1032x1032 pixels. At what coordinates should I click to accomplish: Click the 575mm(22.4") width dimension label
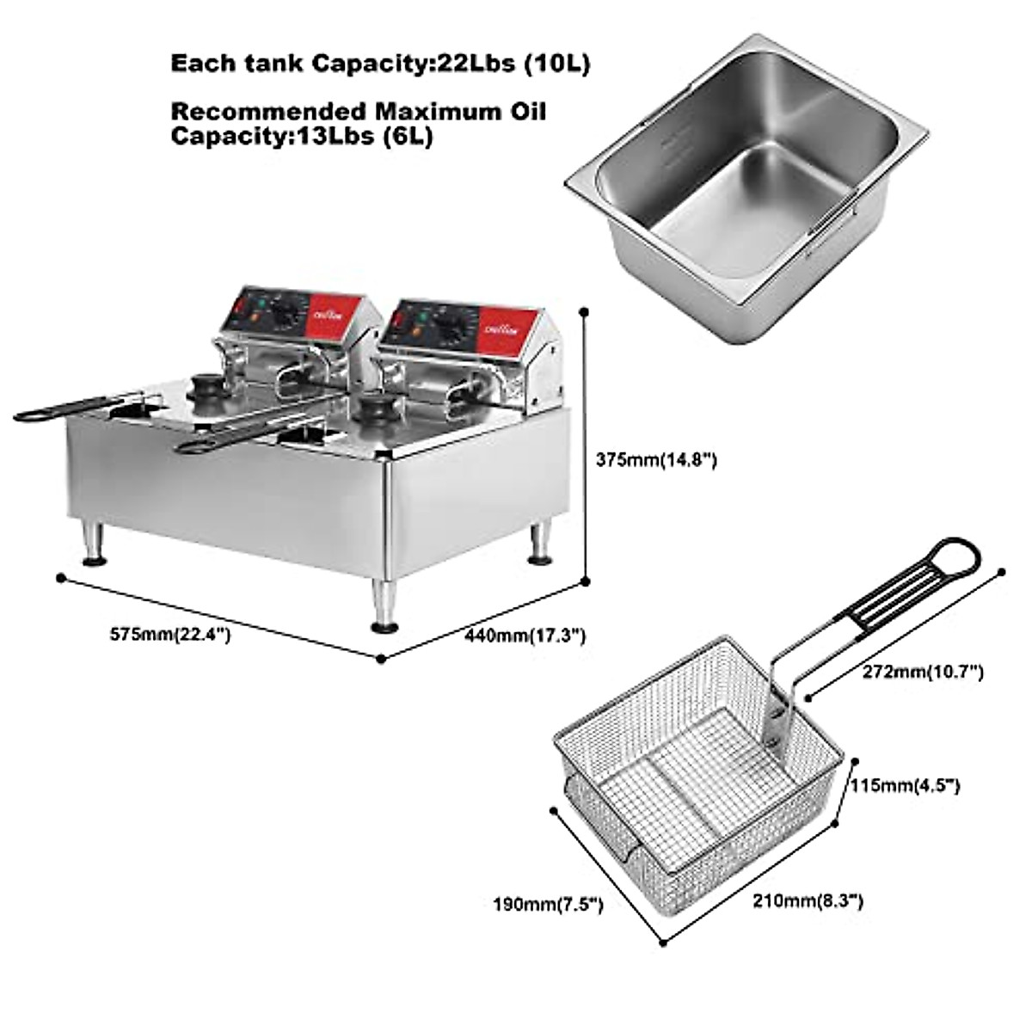(x=169, y=635)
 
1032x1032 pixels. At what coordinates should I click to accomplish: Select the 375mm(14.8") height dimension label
(x=656, y=460)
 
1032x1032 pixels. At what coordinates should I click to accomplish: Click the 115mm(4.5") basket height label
(x=905, y=785)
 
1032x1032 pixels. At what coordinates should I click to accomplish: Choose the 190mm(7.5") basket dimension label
(x=548, y=904)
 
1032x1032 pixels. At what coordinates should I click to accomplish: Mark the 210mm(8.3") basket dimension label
(x=808, y=900)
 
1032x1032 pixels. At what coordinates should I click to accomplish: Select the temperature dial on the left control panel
(x=288, y=315)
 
